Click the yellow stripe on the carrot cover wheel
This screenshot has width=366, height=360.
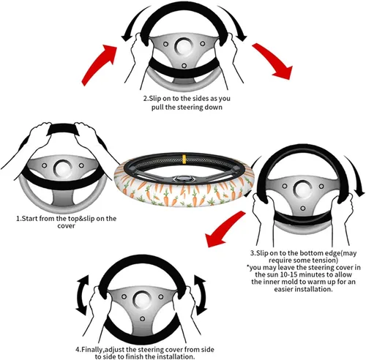[x=184, y=159]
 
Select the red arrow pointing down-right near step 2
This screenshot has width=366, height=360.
[x=273, y=60]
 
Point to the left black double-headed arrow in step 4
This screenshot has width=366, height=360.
[x=82, y=295]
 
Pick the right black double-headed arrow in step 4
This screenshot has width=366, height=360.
[x=201, y=295]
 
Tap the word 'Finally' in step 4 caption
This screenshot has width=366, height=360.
[x=93, y=349]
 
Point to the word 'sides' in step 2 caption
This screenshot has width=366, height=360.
[x=201, y=99]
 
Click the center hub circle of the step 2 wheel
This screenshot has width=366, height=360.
[x=184, y=45]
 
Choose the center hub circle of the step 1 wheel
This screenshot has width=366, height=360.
[x=62, y=168]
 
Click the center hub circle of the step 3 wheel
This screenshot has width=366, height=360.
[x=302, y=188]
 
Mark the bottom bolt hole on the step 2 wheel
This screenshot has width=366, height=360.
[x=184, y=66]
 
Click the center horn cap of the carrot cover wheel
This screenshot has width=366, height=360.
[x=182, y=179]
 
